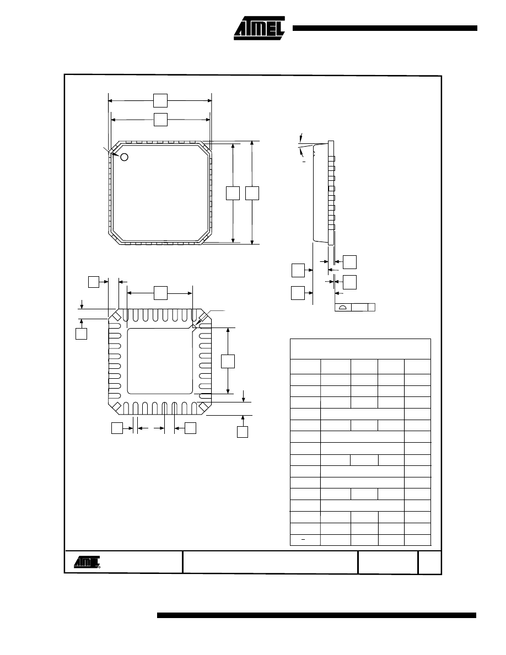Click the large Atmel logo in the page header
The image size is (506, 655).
(x=259, y=29)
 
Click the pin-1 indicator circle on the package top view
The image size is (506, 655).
(x=124, y=157)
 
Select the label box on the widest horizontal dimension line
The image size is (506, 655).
(x=160, y=100)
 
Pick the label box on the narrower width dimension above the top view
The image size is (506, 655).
(x=160, y=120)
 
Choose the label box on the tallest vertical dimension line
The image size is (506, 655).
(x=252, y=193)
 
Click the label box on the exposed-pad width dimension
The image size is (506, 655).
(x=160, y=293)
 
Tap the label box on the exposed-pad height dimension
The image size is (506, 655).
(x=228, y=361)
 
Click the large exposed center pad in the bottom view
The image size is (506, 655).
(x=160, y=361)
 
